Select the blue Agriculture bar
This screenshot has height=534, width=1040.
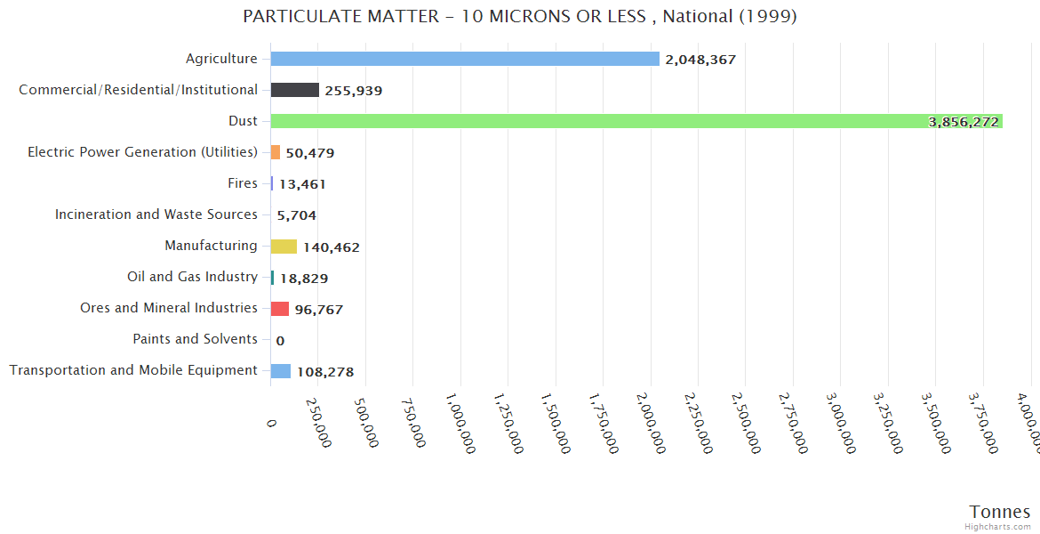coord(465,59)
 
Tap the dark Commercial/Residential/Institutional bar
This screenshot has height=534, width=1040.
coord(295,90)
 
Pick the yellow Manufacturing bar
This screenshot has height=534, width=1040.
coord(284,247)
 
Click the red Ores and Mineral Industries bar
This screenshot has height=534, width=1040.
coord(280,309)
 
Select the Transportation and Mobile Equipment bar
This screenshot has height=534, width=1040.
coord(281,371)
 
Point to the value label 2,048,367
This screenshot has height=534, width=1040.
coord(700,60)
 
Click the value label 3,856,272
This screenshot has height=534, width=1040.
coord(964,122)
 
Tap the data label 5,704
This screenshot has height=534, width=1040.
coord(297,215)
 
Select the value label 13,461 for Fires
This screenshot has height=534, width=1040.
coord(302,184)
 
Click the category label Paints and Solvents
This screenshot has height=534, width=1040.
coord(195,339)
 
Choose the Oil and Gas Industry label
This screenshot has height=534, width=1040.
coord(192,277)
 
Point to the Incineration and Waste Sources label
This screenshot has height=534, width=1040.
coord(156,214)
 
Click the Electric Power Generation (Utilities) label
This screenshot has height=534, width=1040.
coord(142,152)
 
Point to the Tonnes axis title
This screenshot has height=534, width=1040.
coord(1000,512)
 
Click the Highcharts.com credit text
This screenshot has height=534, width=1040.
coord(998,527)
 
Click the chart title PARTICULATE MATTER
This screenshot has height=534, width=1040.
coord(520,17)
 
